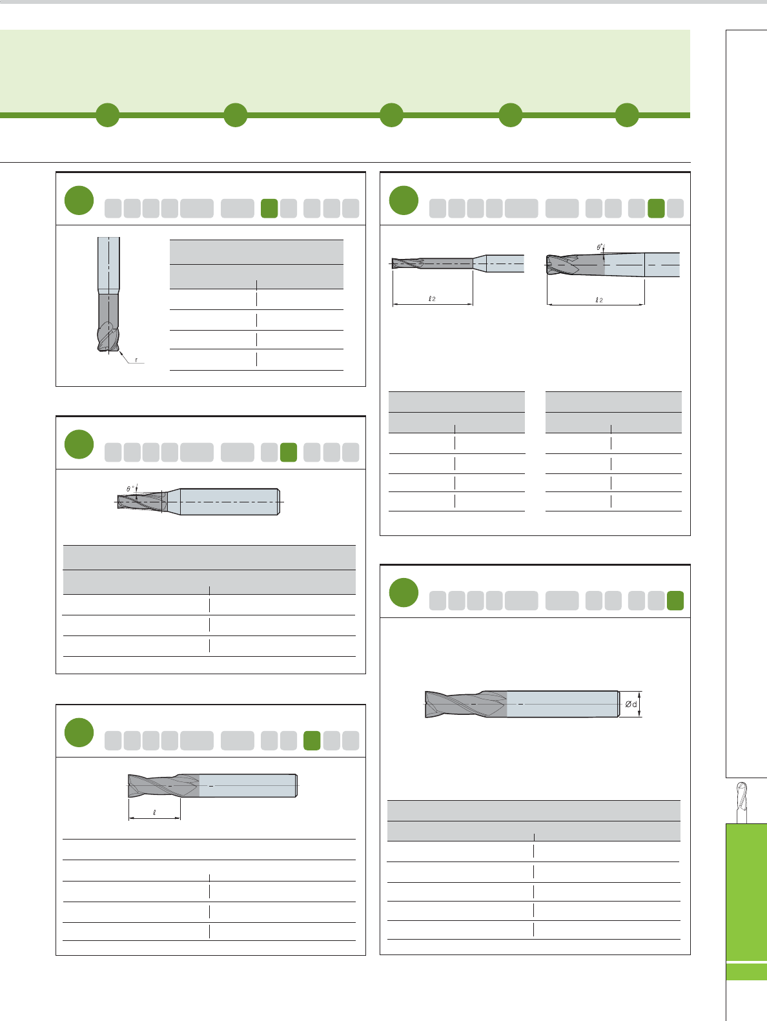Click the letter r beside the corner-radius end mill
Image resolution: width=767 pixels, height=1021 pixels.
(x=136, y=360)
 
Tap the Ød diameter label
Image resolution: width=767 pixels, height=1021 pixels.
(x=631, y=704)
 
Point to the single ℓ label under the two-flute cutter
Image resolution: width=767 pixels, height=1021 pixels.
(x=154, y=812)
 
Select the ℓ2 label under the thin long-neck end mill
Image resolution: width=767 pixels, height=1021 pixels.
(x=432, y=298)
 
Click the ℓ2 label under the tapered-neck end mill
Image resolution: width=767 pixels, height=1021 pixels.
(x=599, y=300)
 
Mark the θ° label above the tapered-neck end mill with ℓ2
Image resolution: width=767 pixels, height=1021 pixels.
(x=600, y=247)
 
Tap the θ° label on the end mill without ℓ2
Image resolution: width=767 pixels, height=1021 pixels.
(x=130, y=488)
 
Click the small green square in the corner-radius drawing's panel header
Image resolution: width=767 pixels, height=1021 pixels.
(x=269, y=209)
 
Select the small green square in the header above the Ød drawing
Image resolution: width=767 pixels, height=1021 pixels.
(x=675, y=601)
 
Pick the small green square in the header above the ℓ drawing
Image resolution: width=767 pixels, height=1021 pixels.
(x=312, y=741)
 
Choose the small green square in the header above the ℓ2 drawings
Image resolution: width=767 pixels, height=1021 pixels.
(x=656, y=209)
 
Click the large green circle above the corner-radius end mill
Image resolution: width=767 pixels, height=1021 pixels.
(x=79, y=200)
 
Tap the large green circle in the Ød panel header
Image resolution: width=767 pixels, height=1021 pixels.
(x=404, y=593)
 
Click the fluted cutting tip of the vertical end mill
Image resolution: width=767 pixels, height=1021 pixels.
(x=108, y=336)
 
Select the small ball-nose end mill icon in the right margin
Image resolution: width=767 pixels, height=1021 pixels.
(x=742, y=801)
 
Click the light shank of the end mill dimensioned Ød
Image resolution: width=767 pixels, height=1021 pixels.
(x=562, y=704)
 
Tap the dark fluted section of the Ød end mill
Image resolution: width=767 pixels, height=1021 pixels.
(x=465, y=704)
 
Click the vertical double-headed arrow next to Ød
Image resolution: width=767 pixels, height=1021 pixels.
(x=640, y=704)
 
